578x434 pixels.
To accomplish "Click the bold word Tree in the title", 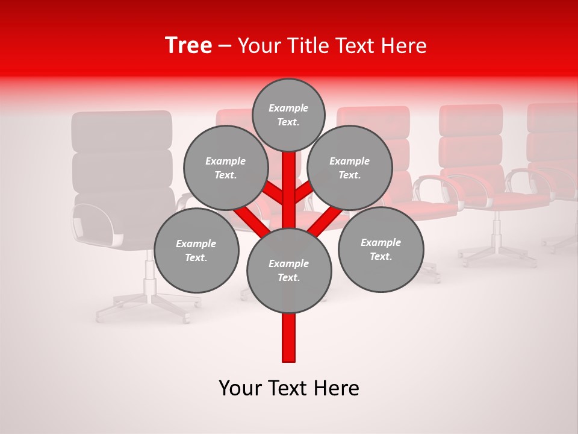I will click(188, 46).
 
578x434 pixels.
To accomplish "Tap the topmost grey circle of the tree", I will click(288, 115).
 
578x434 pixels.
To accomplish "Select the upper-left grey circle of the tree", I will click(225, 168).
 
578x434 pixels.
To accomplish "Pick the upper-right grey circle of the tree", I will click(350, 168).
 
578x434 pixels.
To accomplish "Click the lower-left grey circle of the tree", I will click(196, 250).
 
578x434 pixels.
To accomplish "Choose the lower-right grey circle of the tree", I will click(381, 249).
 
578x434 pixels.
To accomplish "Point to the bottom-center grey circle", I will click(289, 270).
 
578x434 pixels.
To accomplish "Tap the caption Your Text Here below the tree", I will click(289, 388).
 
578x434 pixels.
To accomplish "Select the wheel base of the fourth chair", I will click(497, 256).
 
